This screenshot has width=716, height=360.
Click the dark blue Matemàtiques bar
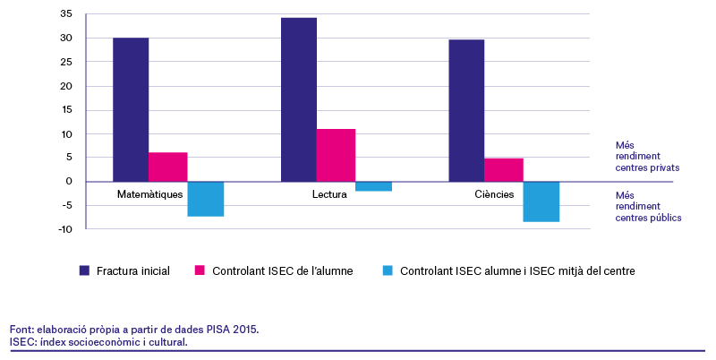(131, 109)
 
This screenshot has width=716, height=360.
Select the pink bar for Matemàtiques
(168, 167)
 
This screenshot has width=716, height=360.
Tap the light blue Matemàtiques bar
(206, 199)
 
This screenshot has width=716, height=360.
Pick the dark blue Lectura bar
(299, 99)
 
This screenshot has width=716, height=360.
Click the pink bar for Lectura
(337, 155)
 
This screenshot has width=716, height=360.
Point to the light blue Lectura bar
(373, 186)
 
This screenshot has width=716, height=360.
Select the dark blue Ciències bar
(466, 110)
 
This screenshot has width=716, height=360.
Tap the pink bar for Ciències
(504, 170)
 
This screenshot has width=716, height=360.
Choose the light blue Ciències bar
(541, 201)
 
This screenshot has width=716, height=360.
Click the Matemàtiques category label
(149, 194)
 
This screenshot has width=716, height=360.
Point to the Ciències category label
(494, 194)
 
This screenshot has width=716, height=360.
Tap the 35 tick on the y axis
(66, 14)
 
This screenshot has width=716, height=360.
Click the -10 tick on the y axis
(65, 229)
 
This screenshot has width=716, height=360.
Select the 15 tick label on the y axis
(66, 109)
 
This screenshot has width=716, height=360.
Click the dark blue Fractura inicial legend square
(84, 270)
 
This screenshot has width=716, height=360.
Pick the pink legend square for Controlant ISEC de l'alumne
(200, 270)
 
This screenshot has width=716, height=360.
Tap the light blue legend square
(388, 270)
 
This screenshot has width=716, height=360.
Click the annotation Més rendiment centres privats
(647, 156)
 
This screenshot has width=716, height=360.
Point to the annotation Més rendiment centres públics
(648, 207)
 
